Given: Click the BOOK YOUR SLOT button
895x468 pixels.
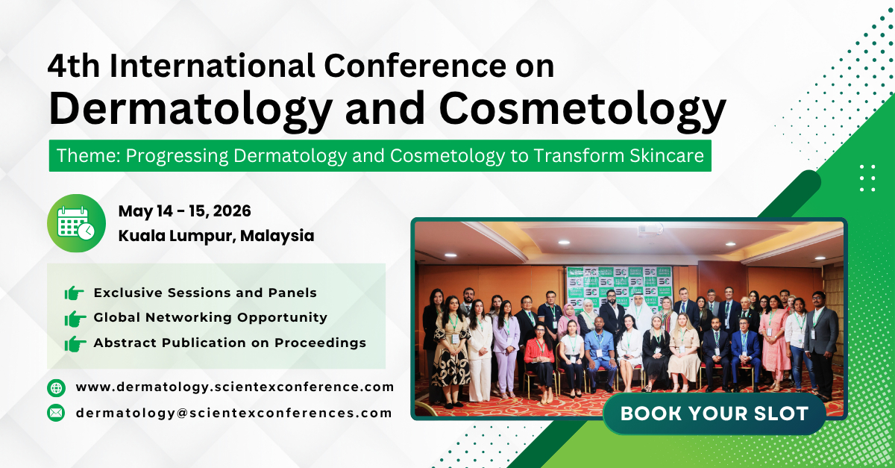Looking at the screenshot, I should click(x=714, y=414).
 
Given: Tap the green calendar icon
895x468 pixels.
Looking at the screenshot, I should click(x=76, y=222).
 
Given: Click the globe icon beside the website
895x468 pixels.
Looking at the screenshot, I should click(x=56, y=387).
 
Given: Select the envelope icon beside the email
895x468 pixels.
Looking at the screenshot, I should click(x=56, y=412).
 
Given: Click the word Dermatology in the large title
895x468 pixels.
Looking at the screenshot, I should click(x=189, y=108).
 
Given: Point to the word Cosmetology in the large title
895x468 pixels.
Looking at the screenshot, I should click(x=582, y=108).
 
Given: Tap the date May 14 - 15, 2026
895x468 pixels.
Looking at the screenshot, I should click(x=184, y=211).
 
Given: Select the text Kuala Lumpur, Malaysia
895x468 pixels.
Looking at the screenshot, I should click(x=216, y=236).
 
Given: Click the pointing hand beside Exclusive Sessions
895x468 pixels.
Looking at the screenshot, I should click(x=75, y=293).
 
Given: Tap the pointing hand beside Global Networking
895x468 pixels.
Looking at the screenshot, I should click(x=75, y=318).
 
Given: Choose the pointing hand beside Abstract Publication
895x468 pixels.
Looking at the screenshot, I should click(x=75, y=343).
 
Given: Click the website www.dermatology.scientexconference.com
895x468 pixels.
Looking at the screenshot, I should click(x=234, y=387).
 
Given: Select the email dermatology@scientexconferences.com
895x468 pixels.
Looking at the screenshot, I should click(x=233, y=412).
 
